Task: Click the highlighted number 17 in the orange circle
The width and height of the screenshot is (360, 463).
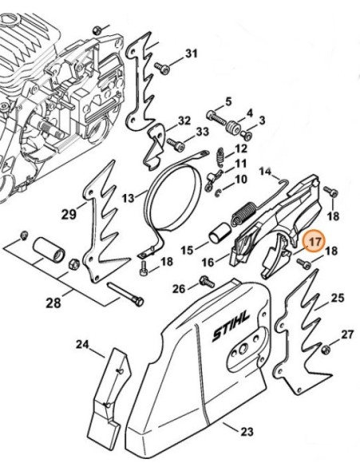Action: [313, 240]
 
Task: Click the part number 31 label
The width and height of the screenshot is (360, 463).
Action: [191, 53]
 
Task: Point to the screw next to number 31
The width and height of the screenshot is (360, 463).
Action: [164, 68]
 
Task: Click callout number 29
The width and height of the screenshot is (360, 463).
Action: [69, 214]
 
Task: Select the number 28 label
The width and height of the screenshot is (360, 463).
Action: [53, 303]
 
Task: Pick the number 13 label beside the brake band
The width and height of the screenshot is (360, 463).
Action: [129, 197]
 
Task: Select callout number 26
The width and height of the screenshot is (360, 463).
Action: [180, 288]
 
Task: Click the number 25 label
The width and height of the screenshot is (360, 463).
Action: [337, 298]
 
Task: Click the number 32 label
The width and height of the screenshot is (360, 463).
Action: [184, 121]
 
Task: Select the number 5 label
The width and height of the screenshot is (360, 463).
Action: [228, 101]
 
